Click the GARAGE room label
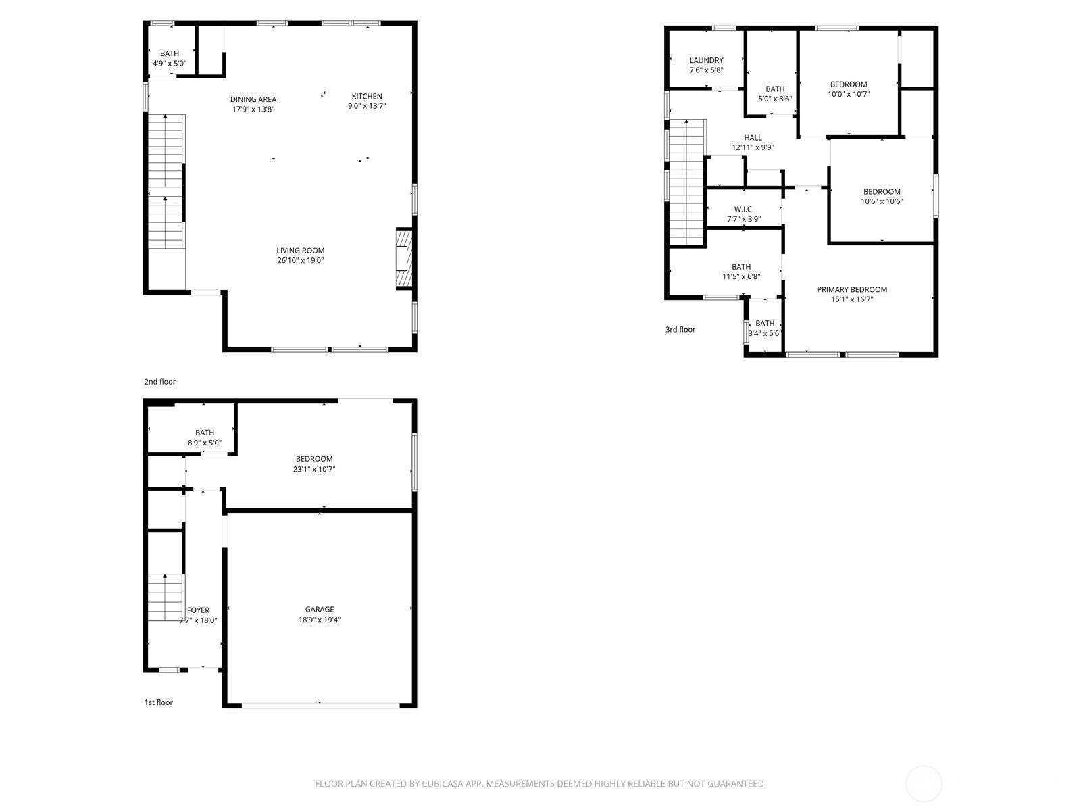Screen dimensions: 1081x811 319,609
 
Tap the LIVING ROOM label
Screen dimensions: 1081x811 301,251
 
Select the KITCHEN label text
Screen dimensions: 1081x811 367,96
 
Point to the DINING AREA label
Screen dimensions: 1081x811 253,99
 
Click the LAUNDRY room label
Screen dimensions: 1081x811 706,60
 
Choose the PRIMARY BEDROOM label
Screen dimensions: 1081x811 852,289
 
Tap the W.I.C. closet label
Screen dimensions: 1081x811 744,210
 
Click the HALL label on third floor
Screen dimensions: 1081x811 753,138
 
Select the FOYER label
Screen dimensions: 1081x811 199,610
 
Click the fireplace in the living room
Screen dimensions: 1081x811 404,258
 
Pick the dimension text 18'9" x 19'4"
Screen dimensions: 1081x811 319,620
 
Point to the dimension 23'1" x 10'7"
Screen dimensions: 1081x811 314,469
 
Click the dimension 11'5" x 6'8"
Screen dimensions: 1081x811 741,276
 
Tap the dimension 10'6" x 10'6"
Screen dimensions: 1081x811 882,201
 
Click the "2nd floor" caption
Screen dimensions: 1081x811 159,382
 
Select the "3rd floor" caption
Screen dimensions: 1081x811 680,329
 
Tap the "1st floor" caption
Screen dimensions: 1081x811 158,702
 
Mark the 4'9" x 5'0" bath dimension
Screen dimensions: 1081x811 170,64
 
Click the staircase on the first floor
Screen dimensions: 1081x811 166,597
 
